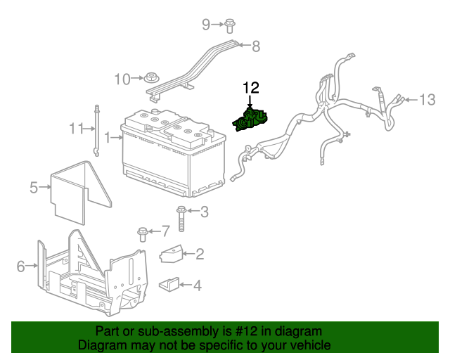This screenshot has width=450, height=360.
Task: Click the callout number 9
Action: (x=206, y=25)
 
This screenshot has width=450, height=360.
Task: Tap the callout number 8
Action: (x=255, y=46)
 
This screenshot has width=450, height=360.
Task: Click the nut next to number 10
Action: (x=150, y=77)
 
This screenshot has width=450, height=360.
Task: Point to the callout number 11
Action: (x=76, y=129)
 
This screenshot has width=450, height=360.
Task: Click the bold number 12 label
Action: (x=251, y=88)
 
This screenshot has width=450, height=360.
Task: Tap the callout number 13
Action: (x=427, y=100)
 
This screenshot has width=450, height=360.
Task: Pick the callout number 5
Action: (x=33, y=187)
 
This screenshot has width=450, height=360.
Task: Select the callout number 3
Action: (x=205, y=211)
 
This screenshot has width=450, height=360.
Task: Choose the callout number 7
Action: (x=166, y=230)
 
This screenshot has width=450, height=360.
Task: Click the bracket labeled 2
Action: (x=172, y=255)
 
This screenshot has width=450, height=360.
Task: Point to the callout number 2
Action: (x=200, y=254)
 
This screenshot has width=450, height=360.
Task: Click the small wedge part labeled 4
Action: (x=168, y=285)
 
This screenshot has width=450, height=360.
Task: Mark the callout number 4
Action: (x=197, y=285)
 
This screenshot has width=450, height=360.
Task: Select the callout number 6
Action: (x=21, y=266)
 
